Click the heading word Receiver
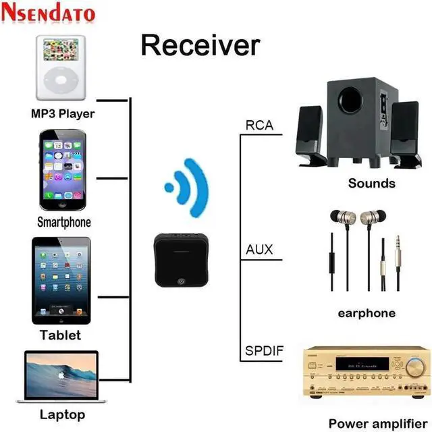click(x=200, y=45)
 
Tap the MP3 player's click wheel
click(x=61, y=82)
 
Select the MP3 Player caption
click(x=63, y=113)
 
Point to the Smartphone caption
click(x=63, y=221)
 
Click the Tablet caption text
click(x=60, y=335)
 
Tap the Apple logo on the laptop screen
click(x=61, y=374)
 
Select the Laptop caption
click(x=62, y=414)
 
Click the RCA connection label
click(x=259, y=125)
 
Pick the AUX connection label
click(x=259, y=250)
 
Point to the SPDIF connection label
click(x=264, y=353)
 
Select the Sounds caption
click(x=371, y=183)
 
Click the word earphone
click(x=367, y=313)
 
